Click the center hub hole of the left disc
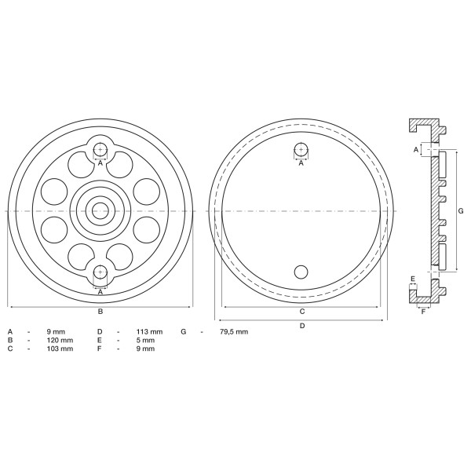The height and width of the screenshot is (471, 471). pyautogui.click(x=100, y=210)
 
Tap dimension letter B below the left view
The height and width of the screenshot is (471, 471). pyautogui.click(x=100, y=312)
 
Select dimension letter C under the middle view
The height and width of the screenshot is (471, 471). pyautogui.click(x=301, y=312)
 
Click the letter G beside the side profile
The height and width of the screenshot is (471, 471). pyautogui.click(x=461, y=210)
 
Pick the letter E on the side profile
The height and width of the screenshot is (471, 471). pyautogui.click(x=413, y=279)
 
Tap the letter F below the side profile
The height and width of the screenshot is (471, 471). pyautogui.click(x=424, y=311)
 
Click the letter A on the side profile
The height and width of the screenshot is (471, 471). pyautogui.click(x=416, y=148)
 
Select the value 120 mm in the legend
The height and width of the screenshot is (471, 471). pyautogui.click(x=61, y=340)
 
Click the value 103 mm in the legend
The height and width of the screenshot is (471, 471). pyautogui.click(x=61, y=349)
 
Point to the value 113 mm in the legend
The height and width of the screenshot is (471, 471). pyautogui.click(x=150, y=331)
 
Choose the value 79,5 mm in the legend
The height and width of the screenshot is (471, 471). pyautogui.click(x=233, y=331)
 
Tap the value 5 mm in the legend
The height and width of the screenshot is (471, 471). pyautogui.click(x=144, y=340)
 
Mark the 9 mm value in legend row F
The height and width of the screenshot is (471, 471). pyautogui.click(x=144, y=349)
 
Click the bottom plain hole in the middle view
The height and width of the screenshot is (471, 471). pyautogui.click(x=301, y=272)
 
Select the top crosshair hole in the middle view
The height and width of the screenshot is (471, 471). pyautogui.click(x=301, y=150)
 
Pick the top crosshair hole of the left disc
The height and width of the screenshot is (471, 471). pyautogui.click(x=100, y=150)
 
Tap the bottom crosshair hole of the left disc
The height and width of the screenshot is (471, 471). pyautogui.click(x=100, y=272)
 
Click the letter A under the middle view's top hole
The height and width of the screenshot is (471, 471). pyautogui.click(x=301, y=163)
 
